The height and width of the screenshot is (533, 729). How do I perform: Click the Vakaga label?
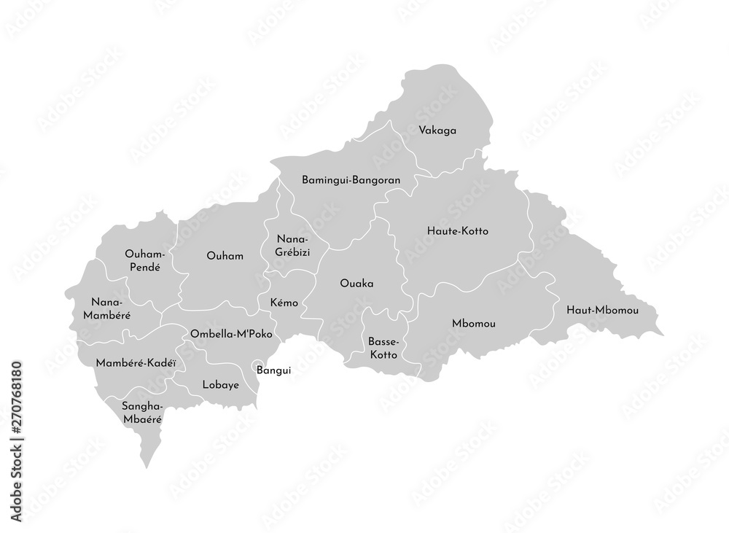(x=437, y=131)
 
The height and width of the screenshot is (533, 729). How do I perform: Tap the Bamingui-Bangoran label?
(x=346, y=179)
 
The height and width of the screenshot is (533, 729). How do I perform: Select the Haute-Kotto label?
(x=457, y=231)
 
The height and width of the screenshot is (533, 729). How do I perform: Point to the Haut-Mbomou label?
(x=602, y=311)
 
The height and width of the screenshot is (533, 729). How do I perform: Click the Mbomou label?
(x=473, y=323)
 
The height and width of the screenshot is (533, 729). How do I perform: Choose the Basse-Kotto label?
(x=382, y=348)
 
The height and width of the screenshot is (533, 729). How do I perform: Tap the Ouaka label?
(x=356, y=283)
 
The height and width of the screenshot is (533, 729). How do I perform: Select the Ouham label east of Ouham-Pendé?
(x=225, y=256)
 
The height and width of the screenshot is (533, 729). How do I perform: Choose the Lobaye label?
(x=220, y=385)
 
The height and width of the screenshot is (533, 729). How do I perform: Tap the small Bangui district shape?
(x=255, y=366)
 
